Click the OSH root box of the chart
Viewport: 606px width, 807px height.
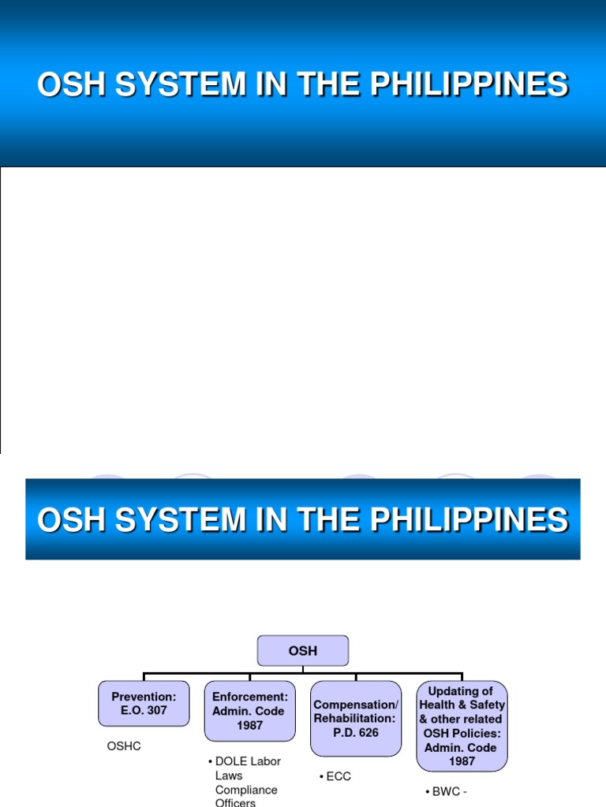click(x=303, y=651)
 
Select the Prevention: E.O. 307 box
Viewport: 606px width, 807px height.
click(x=144, y=703)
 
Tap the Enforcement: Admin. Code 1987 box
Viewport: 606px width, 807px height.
click(x=250, y=711)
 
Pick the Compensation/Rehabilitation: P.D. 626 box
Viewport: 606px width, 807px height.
click(x=356, y=718)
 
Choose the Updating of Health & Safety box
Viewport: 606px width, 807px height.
click(x=462, y=725)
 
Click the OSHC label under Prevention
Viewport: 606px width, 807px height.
click(x=124, y=746)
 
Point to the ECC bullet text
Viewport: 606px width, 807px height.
click(x=335, y=776)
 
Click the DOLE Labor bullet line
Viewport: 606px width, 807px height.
click(x=245, y=761)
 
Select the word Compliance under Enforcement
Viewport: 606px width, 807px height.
click(x=246, y=790)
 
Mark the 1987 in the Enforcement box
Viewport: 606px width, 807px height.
click(x=250, y=725)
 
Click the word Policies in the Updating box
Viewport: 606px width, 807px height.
click(x=480, y=733)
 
